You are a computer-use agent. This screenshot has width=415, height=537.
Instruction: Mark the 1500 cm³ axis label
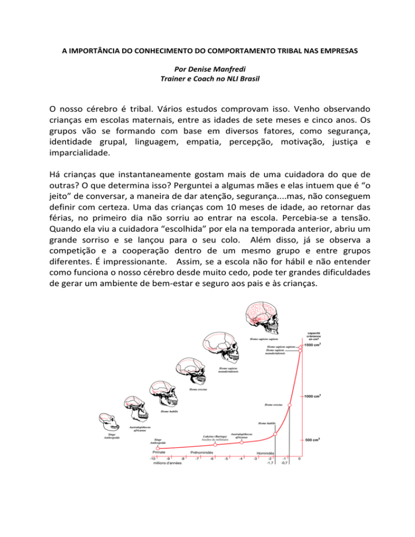click(x=314, y=345)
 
